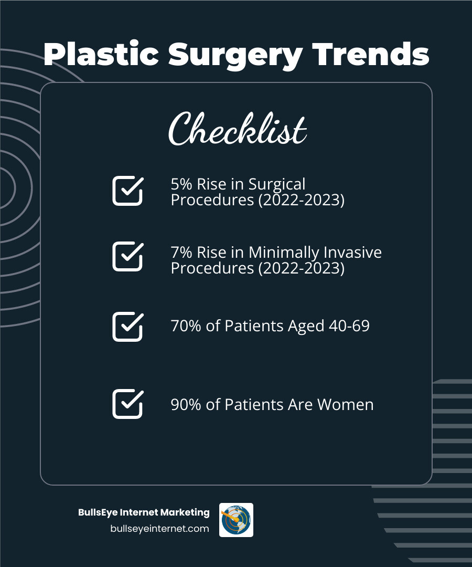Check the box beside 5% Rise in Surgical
[x=127, y=191]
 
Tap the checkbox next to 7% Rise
[x=127, y=256]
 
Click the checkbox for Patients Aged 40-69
[x=127, y=327]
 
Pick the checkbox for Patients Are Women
[x=127, y=404]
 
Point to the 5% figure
[x=181, y=184]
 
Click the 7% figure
[x=181, y=253]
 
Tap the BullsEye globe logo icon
[x=236, y=520]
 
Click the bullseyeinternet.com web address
[x=159, y=529]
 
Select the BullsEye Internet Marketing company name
[x=144, y=512]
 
